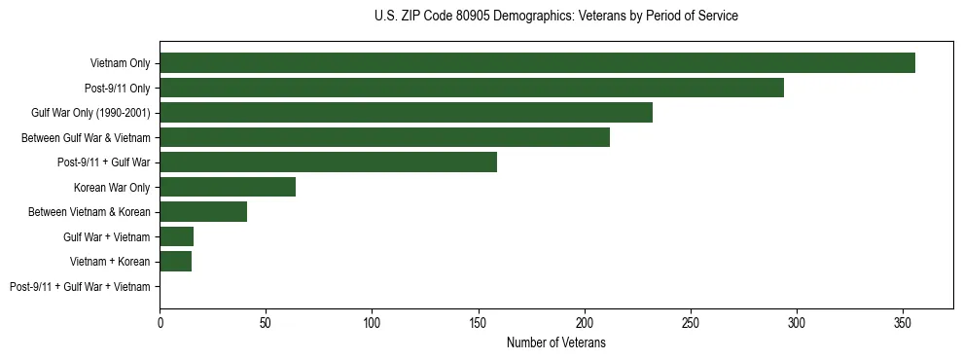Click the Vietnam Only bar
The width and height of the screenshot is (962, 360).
coord(537,63)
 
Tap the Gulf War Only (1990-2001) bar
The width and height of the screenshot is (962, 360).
coord(406,113)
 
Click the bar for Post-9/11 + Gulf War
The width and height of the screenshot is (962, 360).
coord(328,162)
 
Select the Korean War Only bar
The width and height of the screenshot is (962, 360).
coord(228,187)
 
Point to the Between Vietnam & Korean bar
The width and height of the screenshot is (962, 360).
coord(203,212)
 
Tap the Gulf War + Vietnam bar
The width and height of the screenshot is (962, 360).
coord(176,236)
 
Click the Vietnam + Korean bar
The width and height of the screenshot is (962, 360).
coord(175,262)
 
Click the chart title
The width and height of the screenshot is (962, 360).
coord(555,17)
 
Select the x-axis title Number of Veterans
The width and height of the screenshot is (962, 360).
coord(555,342)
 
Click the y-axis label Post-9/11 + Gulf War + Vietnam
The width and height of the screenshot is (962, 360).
coord(80,287)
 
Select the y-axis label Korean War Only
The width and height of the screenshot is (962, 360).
coord(112,188)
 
